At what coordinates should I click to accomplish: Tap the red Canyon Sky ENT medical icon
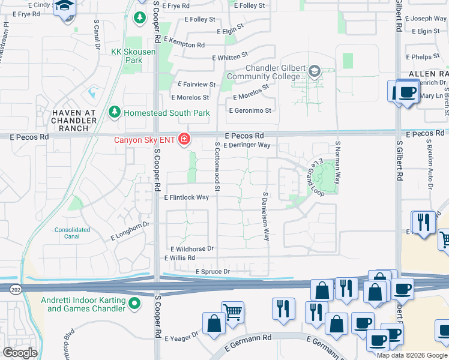(183, 140)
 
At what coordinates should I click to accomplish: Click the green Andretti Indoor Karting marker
(134, 304)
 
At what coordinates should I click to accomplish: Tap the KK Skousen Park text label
(134, 56)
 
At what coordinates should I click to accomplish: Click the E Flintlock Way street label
(186, 197)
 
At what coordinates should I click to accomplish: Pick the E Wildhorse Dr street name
(192, 248)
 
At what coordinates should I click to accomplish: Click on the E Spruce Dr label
(212, 272)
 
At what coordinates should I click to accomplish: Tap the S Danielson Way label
(265, 217)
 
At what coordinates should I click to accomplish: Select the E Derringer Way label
(247, 145)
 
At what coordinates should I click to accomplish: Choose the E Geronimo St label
(250, 110)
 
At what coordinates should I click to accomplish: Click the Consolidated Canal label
(72, 233)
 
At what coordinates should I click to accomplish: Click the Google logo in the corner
(20, 353)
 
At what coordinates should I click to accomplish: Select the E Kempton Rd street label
(183, 45)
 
